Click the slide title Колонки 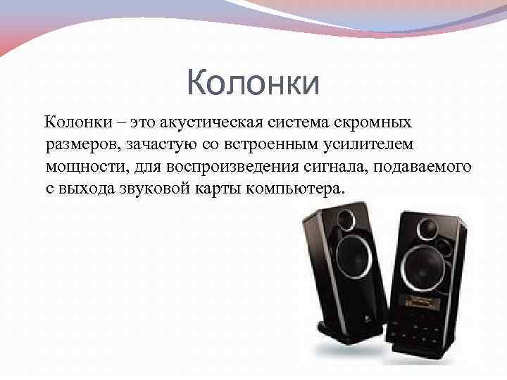(x=254, y=83)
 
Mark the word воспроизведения (x=223, y=167)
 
